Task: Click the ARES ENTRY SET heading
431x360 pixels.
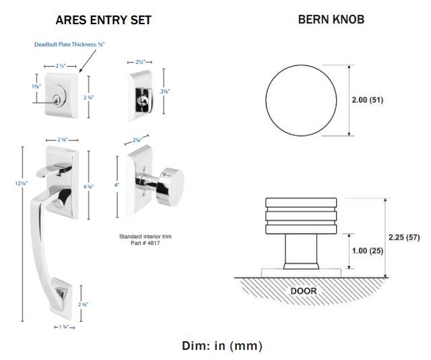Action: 103,20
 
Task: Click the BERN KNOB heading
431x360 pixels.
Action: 331,20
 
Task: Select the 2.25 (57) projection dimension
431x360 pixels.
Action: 404,237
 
